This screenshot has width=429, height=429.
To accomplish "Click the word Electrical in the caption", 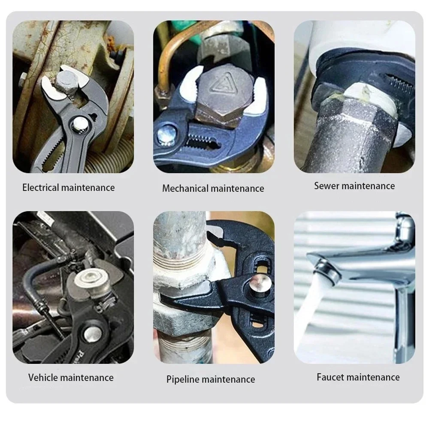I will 41,187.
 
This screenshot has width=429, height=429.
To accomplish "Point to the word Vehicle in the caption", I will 43,378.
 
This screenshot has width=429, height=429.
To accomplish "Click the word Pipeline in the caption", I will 182,379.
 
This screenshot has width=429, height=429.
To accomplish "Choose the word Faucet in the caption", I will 330,377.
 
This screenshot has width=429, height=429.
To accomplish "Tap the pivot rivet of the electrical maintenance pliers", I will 79,125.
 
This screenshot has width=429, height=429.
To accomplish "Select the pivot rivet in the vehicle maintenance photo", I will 92,332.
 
